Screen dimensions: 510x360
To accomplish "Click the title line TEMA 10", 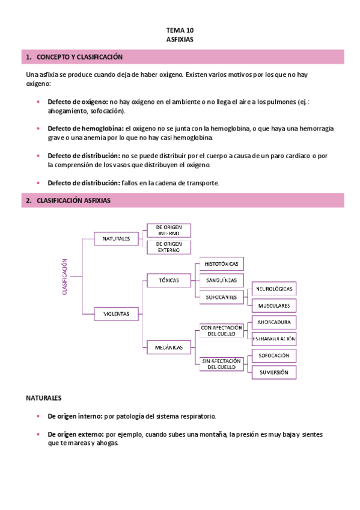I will click(x=180, y=29).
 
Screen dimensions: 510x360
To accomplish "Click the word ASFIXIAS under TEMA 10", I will click(x=180, y=38).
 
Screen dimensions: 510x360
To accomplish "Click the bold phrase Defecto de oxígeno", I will click(x=78, y=103).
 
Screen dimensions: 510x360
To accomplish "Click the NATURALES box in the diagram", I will click(x=116, y=239).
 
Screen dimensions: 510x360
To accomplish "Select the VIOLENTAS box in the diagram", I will click(x=116, y=313).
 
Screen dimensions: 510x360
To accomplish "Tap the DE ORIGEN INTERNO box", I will click(x=169, y=230).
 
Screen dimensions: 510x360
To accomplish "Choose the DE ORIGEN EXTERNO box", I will click(x=169, y=247).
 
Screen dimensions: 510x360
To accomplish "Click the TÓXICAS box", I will click(x=168, y=280).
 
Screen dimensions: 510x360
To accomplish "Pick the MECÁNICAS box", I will click(x=168, y=347).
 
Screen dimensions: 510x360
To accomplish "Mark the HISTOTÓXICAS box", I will click(x=221, y=264).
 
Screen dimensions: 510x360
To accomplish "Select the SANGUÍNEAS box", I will click(x=221, y=280).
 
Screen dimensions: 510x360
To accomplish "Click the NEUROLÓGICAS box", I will click(x=274, y=289).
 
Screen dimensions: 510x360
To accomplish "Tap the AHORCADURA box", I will click(x=274, y=322).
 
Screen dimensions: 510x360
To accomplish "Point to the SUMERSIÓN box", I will click(x=274, y=373).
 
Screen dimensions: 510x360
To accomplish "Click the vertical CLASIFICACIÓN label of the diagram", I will click(x=65, y=277).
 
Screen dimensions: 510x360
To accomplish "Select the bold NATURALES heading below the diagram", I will click(x=44, y=399).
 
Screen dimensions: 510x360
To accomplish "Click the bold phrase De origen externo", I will click(x=75, y=434).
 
